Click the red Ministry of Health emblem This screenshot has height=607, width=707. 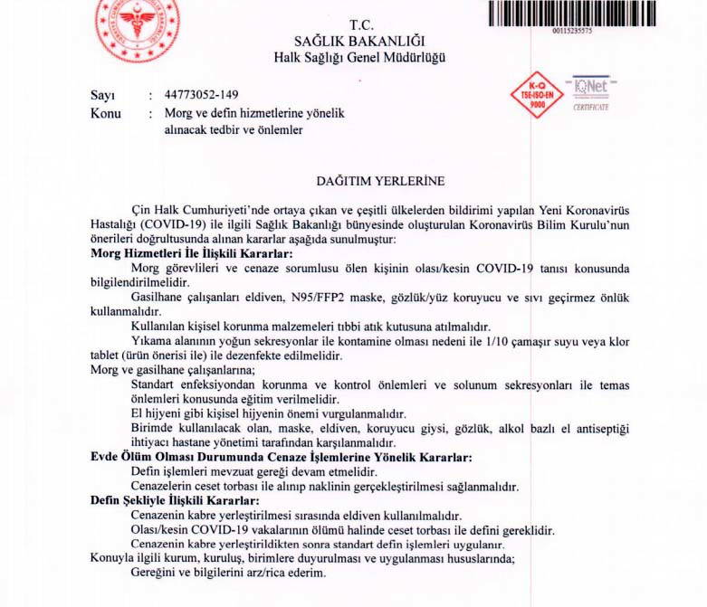(x=137, y=20)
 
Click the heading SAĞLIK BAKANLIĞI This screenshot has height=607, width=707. (x=359, y=41)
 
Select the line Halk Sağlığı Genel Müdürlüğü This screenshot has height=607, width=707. (x=359, y=58)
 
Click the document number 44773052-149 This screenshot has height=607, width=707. (x=203, y=95)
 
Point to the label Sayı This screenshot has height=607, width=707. (x=102, y=95)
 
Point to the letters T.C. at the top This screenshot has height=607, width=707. (x=361, y=24)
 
